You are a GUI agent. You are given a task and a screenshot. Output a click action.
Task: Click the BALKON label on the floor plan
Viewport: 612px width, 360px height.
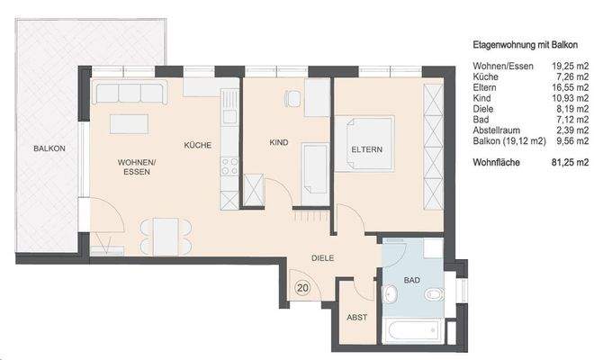[49, 148]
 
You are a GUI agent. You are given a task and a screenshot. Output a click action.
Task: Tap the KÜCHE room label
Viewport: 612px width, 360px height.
[197, 145]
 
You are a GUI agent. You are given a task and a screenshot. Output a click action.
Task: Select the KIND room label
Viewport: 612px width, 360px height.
[279, 142]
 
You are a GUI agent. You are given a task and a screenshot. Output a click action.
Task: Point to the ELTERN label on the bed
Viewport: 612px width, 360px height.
[366, 149]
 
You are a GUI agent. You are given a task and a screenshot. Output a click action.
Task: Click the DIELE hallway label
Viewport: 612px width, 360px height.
[322, 258]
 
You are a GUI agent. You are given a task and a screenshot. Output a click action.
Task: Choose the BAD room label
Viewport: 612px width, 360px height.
[412, 280]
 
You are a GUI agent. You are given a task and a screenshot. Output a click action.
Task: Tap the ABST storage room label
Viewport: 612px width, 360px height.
[356, 318]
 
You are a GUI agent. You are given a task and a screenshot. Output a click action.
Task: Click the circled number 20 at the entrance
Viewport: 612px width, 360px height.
[302, 288]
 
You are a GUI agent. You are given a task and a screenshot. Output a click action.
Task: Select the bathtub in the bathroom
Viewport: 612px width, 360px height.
[413, 330]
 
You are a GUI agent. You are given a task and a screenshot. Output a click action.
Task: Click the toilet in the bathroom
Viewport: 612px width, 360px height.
[434, 294]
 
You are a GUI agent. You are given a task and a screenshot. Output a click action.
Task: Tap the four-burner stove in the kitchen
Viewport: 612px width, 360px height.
[229, 166]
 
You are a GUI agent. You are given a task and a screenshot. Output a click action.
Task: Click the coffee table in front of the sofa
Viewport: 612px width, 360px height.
[129, 124]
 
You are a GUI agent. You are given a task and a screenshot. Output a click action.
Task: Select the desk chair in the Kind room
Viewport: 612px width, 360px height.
[292, 98]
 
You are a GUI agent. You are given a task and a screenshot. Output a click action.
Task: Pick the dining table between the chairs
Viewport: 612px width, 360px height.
[166, 237]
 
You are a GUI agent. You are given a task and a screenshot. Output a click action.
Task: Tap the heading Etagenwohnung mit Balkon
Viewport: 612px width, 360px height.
[525, 45]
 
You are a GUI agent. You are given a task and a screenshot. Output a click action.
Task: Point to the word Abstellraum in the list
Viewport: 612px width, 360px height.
[496, 130]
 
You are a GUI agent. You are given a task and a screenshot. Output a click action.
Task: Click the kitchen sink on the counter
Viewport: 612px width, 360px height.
[229, 116]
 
